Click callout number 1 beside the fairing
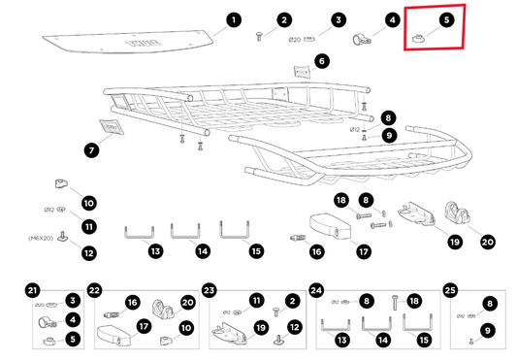coord(233,19)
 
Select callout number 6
coord(322,60)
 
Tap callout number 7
coord(91,150)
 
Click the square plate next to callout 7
coord(110,129)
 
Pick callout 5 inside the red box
coord(445,19)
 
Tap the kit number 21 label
coord(33,289)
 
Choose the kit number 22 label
coord(95,289)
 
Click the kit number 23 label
coord(210,289)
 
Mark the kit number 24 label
coord(316,289)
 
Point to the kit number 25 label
coord(449,289)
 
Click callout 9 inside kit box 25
coord(488,330)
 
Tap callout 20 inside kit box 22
coord(188,303)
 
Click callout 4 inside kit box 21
coord(74,319)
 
